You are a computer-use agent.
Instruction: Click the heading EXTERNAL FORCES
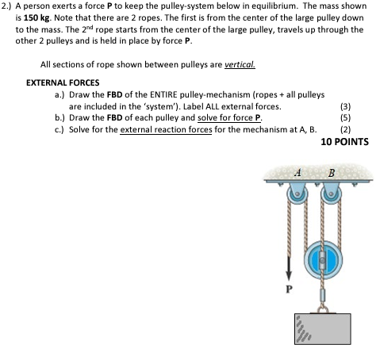click(63, 82)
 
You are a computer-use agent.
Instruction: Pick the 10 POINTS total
click(344, 143)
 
